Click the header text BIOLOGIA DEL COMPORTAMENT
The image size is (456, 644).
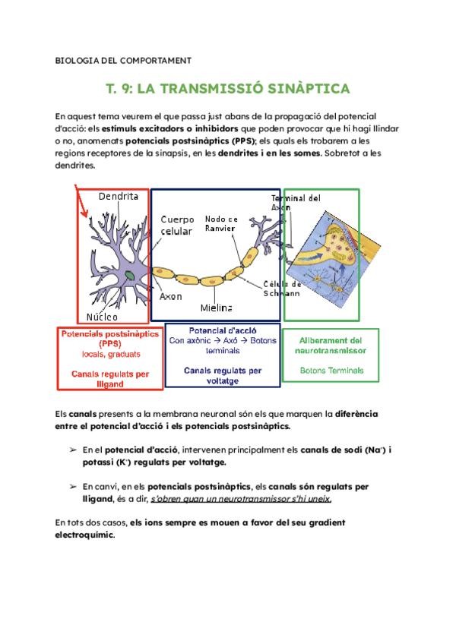[123, 60]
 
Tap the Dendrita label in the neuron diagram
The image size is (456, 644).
[119, 197]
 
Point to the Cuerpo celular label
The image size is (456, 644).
[176, 225]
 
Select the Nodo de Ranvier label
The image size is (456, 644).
[221, 224]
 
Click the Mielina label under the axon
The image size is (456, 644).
[217, 308]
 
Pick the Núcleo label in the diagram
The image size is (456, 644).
[102, 316]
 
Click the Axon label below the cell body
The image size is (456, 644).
[171, 296]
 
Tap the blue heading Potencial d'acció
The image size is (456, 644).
[223, 332]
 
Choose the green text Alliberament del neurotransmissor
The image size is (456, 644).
[331, 346]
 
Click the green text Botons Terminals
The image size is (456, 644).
[331, 371]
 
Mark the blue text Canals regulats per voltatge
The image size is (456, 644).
[223, 375]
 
